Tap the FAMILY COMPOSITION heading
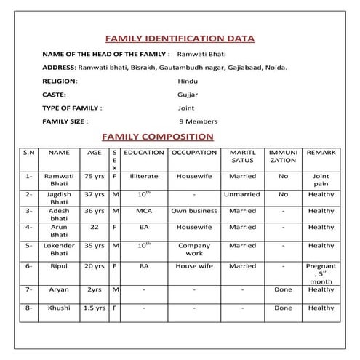(x=157, y=136)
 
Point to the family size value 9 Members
(x=199, y=121)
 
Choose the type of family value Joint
(x=175, y=108)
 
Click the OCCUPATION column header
(x=194, y=153)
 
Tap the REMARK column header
(x=321, y=153)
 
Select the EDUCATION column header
(x=144, y=153)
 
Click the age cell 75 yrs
(x=95, y=176)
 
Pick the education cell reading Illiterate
(x=144, y=176)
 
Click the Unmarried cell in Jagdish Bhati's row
(x=242, y=195)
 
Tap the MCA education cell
(x=143, y=211)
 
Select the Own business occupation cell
(x=194, y=211)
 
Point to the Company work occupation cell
(x=194, y=250)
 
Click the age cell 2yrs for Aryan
(x=95, y=289)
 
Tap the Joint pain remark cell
(x=321, y=180)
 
